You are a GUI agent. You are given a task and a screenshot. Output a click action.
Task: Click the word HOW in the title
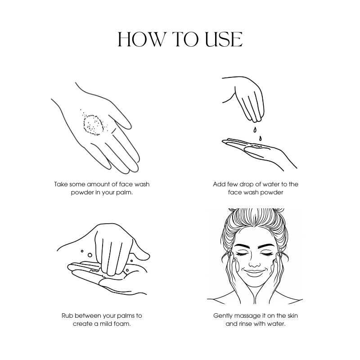pyautogui.click(x=141, y=40)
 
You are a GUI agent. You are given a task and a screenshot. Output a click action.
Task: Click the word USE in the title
pyautogui.click(x=224, y=40)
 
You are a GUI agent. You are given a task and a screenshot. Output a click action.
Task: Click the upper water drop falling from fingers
pyautogui.click(x=255, y=130)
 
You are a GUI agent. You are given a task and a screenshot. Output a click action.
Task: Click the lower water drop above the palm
pyautogui.click(x=260, y=139)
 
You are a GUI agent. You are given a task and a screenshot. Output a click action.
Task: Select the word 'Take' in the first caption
pyautogui.click(x=61, y=184)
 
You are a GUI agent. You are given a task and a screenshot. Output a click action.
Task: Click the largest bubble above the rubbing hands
pyautogui.click(x=90, y=255)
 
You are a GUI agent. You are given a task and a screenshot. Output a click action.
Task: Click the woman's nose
pyautogui.click(x=254, y=262)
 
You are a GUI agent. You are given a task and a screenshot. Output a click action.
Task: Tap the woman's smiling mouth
pyautogui.click(x=255, y=272)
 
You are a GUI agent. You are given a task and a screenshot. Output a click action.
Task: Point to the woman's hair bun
pyautogui.click(x=255, y=215)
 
